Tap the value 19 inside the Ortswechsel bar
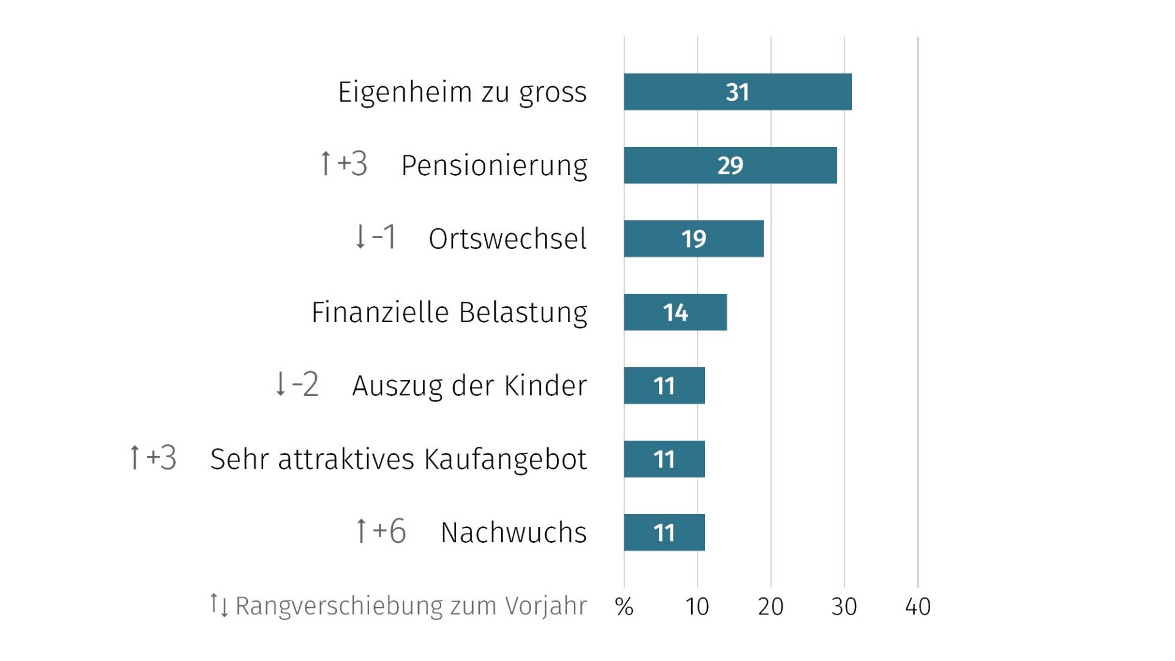pos(693,239)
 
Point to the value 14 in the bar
pos(675,313)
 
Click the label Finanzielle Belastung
pos(449,313)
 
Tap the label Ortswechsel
pos(507,239)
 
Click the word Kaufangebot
pos(505,460)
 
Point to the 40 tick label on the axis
pos(917,607)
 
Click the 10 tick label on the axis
pos(697,607)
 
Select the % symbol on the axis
pos(624,607)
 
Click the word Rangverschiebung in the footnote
pos(340,607)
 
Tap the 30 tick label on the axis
pos(844,607)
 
